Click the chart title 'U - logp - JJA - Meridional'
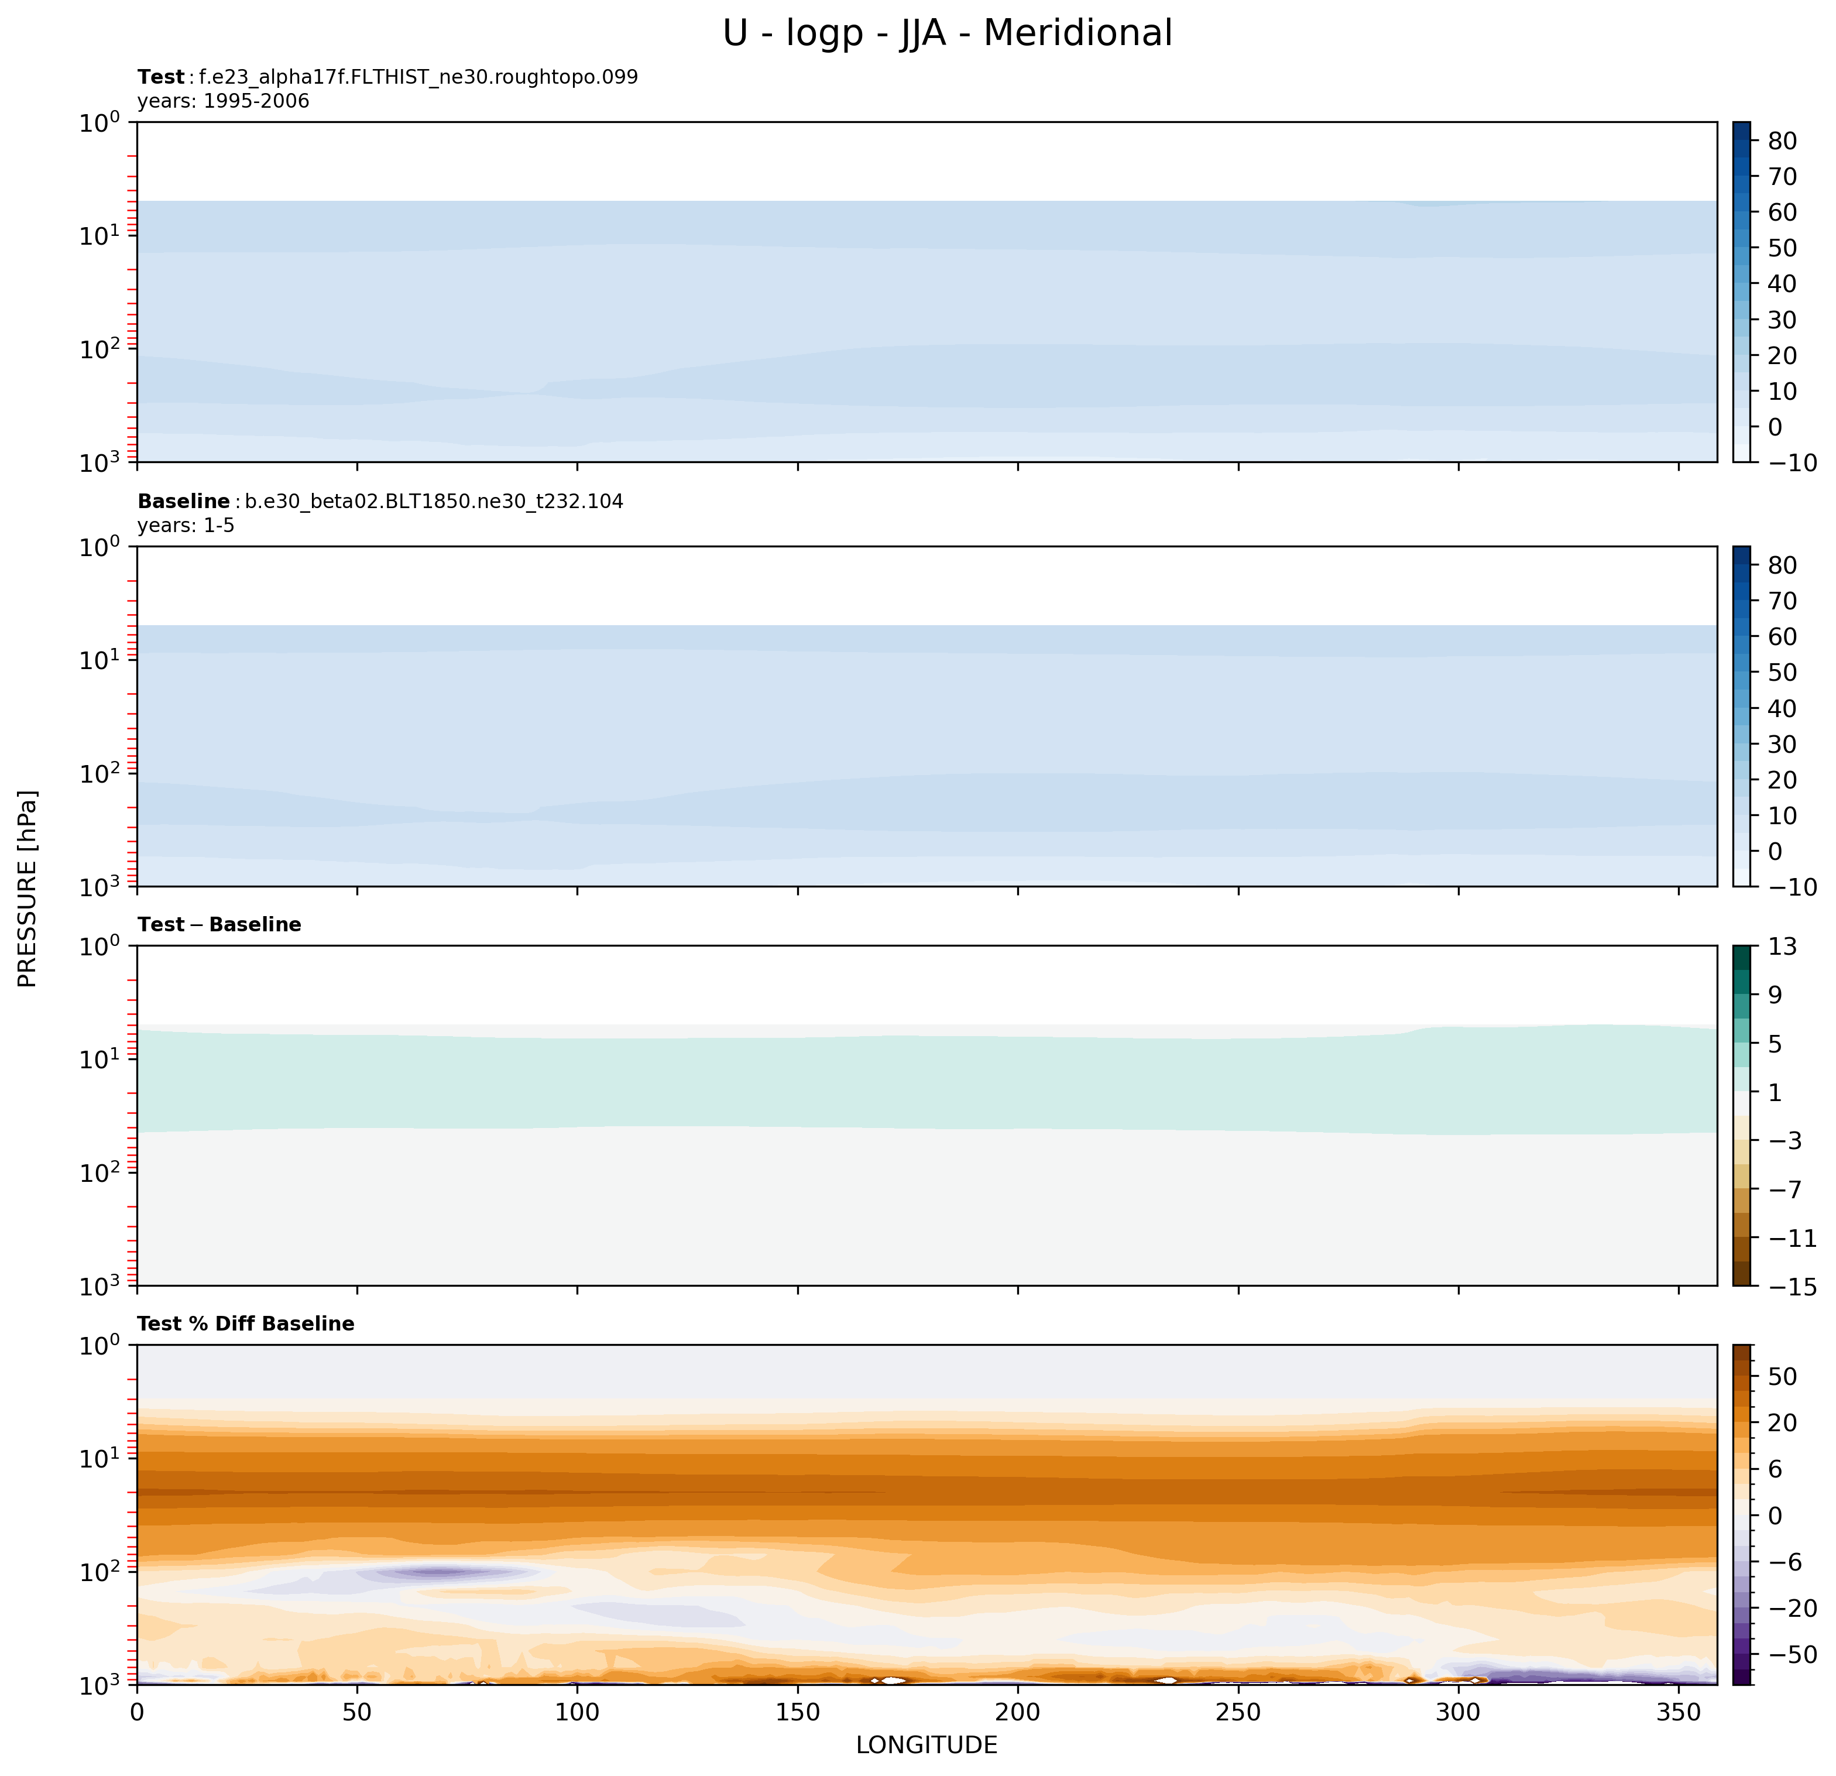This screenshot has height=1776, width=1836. (x=947, y=34)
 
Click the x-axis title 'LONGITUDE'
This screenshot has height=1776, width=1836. (x=926, y=1745)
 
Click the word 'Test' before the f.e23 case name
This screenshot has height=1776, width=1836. (x=161, y=77)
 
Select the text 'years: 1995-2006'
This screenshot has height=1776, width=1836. (x=223, y=101)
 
